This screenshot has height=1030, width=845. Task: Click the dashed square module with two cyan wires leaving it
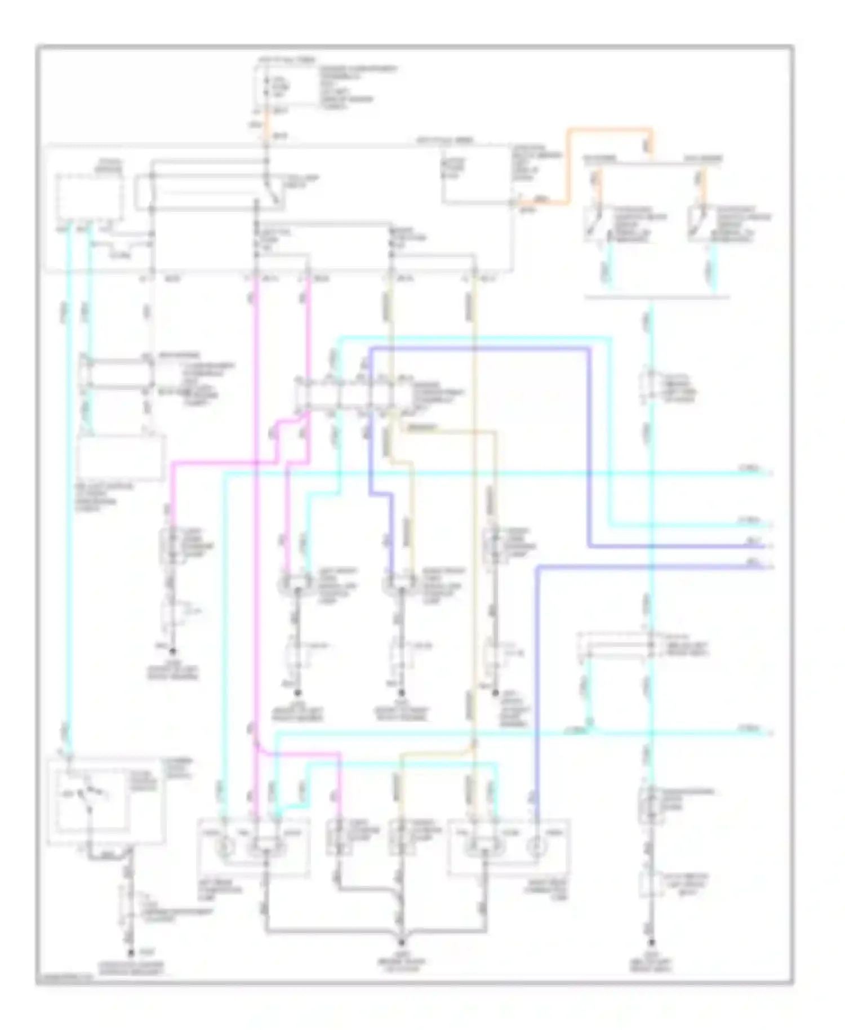(x=90, y=197)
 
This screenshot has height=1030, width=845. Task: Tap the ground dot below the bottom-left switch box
(x=130, y=953)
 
